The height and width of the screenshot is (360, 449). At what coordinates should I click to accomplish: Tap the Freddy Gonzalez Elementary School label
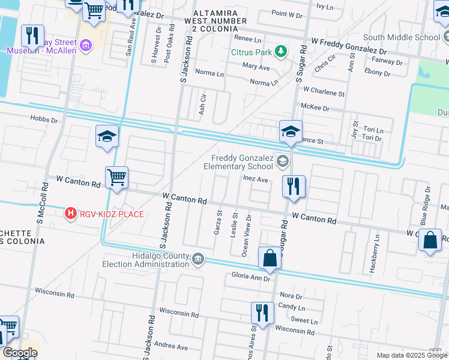point(238,161)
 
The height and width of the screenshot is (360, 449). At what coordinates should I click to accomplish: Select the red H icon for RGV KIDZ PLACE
point(71,213)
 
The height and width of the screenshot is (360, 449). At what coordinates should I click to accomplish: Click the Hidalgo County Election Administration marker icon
point(198,259)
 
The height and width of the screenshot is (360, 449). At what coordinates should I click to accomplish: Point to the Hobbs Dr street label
point(44,120)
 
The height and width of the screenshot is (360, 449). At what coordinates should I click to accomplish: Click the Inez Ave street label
point(256,179)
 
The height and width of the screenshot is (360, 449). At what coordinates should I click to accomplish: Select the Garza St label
point(218,222)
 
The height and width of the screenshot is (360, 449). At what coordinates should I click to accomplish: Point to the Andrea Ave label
point(171,346)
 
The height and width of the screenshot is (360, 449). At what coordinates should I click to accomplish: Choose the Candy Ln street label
point(293,307)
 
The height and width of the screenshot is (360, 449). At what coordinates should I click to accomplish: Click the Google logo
point(19,353)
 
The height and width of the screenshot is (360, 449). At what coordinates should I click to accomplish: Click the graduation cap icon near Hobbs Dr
point(107,136)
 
